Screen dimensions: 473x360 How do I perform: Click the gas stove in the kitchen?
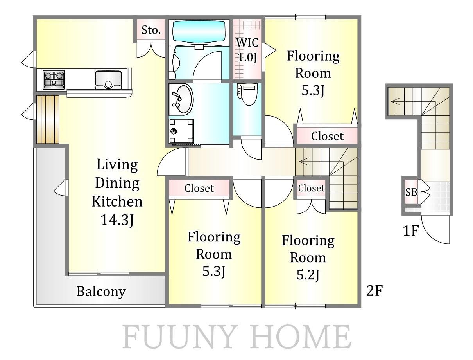pyautogui.click(x=54, y=79)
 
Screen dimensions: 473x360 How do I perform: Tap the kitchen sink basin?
pyautogui.click(x=108, y=79)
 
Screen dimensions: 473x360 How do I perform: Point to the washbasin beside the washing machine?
pyautogui.click(x=181, y=99)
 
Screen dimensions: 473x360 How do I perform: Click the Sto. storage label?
pyautogui.click(x=151, y=30)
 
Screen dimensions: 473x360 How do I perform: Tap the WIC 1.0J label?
pyautogui.click(x=247, y=50)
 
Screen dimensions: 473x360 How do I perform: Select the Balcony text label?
pyautogui.click(x=101, y=292)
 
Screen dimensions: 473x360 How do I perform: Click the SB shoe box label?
pyautogui.click(x=411, y=192)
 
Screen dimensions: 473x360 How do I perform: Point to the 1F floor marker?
pyautogui.click(x=411, y=230)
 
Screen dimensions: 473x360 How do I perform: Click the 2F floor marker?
pyautogui.click(x=374, y=291)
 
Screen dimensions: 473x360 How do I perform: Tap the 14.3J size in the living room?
pyautogui.click(x=117, y=220)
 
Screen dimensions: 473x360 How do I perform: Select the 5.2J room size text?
pyautogui.click(x=308, y=274)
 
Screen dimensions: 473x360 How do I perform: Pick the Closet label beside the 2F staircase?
pyautogui.click(x=311, y=188)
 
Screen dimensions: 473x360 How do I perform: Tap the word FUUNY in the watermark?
pyautogui.click(x=178, y=337)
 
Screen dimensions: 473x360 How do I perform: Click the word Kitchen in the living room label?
pyautogui.click(x=117, y=202)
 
